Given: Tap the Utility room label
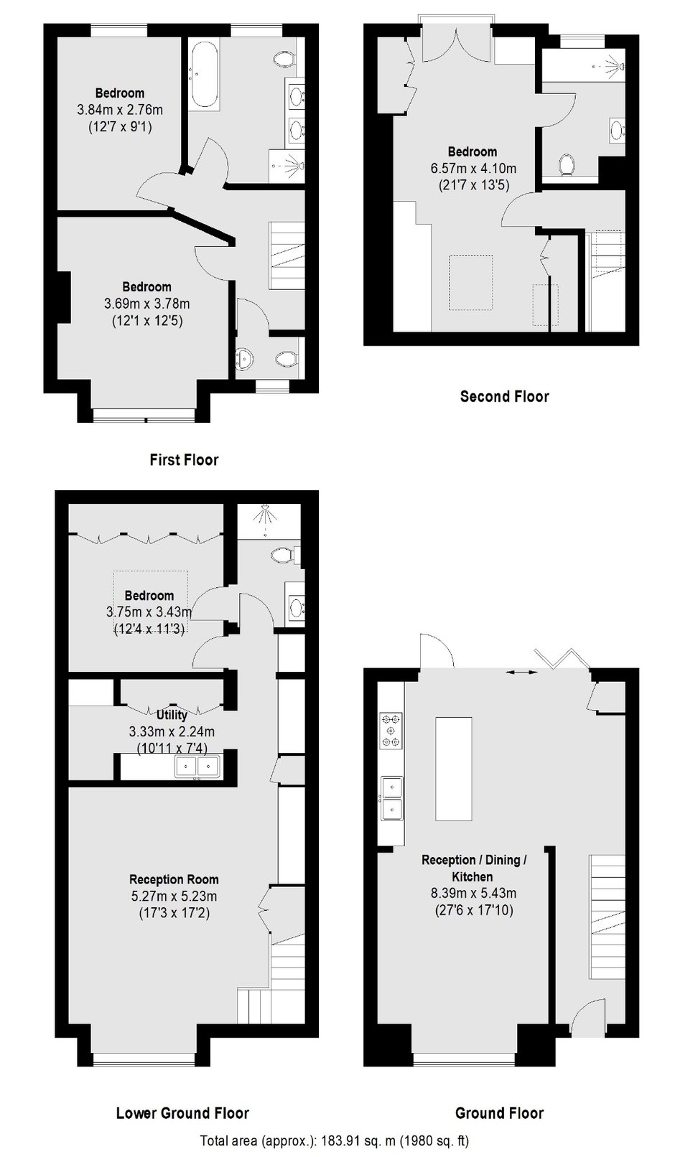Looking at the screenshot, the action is tap(172, 715).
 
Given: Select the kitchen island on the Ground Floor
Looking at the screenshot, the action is tap(453, 769).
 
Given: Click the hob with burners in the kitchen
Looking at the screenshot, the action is tap(391, 731).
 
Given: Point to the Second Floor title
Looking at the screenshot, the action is tap(504, 397).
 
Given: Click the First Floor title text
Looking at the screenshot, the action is tap(184, 459).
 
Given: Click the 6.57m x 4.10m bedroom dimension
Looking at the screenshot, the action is tap(473, 169).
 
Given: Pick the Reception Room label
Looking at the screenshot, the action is tap(174, 879).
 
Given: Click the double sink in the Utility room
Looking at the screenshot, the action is tap(197, 766).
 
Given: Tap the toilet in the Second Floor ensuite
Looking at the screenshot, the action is tap(567, 164).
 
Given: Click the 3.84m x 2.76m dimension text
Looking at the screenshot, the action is tap(120, 110).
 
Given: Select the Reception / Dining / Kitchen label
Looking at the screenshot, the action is tap(474, 868).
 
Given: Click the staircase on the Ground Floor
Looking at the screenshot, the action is tap(607, 917).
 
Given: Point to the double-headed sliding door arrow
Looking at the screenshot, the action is tap(521, 672).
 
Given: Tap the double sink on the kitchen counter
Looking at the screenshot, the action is tap(392, 798).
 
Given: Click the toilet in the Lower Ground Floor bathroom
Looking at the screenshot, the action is tap(281, 556).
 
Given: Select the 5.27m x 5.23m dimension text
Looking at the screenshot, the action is tap(174, 896).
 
